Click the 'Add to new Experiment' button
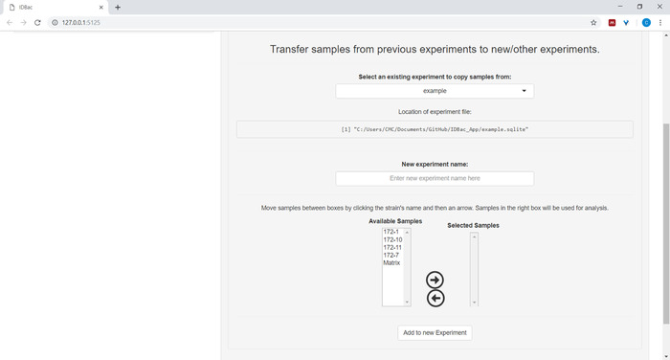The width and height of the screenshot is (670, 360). (x=435, y=332)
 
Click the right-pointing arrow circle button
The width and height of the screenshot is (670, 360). (x=435, y=280)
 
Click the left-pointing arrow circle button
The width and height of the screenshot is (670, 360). (x=435, y=298)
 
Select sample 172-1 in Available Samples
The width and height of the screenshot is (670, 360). (x=391, y=232)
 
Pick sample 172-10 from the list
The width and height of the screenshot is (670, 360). (x=392, y=239)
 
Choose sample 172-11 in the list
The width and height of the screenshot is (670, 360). (x=392, y=247)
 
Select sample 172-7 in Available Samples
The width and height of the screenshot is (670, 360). (x=391, y=255)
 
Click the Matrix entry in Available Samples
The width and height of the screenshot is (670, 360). (x=391, y=262)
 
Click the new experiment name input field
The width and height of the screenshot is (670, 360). (x=435, y=178)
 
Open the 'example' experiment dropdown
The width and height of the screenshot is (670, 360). (x=435, y=91)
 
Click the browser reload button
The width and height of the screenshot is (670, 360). (x=37, y=23)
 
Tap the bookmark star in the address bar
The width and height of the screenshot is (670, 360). (x=593, y=23)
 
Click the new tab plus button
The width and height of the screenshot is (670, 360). (x=118, y=8)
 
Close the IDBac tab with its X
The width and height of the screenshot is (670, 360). (x=101, y=8)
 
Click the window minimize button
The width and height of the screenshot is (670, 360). (x=620, y=7)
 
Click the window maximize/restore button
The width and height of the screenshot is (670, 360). (x=639, y=7)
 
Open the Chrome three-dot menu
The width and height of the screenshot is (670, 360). (x=660, y=23)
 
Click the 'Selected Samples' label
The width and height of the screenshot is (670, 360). (x=473, y=225)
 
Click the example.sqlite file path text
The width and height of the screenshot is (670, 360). (x=435, y=129)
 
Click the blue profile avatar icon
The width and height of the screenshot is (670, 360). (x=646, y=23)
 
